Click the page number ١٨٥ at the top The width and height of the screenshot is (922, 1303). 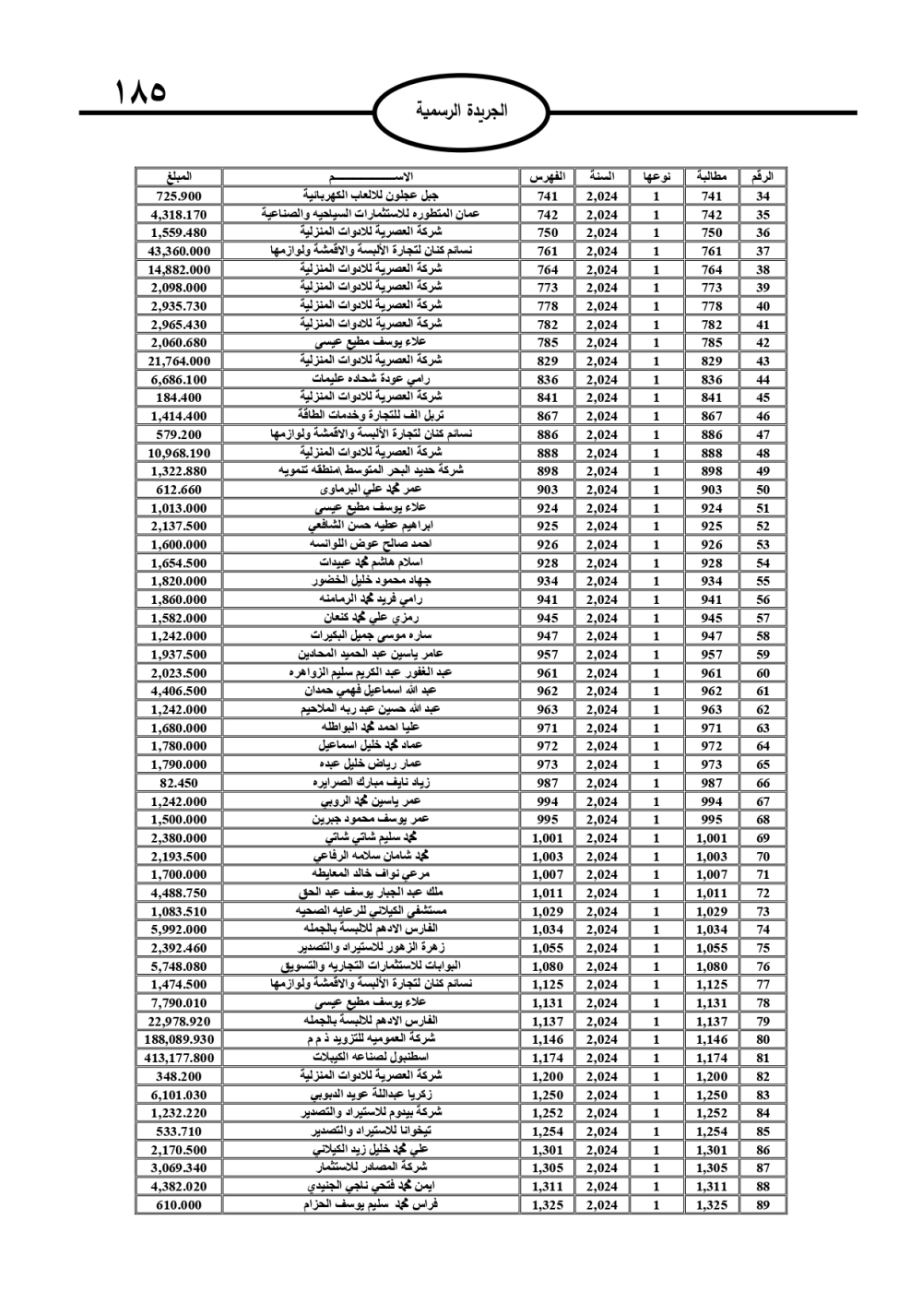click(x=140, y=92)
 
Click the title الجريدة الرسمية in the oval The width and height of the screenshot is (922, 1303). click(x=461, y=112)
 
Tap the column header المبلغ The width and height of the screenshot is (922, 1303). click(x=178, y=176)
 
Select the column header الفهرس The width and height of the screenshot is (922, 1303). click(x=547, y=176)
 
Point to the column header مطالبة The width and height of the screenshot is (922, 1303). click(x=712, y=176)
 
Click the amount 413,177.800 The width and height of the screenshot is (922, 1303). click(x=178, y=1058)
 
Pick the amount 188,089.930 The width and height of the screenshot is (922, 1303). click(x=178, y=1039)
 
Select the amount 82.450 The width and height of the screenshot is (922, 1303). click(x=178, y=783)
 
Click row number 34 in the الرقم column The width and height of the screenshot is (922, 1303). click(x=762, y=195)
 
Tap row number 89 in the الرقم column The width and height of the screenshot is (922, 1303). click(x=762, y=1204)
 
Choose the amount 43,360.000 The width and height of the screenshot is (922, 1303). click(x=178, y=251)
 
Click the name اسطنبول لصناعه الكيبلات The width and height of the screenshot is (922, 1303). click(x=371, y=1058)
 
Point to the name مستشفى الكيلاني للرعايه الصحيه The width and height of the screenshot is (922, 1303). click(x=371, y=911)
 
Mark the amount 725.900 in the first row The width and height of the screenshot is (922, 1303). click(x=178, y=195)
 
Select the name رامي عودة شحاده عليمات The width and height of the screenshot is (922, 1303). click(x=371, y=379)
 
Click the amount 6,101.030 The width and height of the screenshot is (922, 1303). click(x=178, y=1095)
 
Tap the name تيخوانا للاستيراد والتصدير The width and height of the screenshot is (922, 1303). click(x=371, y=1131)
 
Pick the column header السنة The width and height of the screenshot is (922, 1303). click(x=601, y=176)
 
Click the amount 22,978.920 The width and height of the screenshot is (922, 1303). click(x=178, y=1021)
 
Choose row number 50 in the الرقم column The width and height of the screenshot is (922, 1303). click(x=762, y=490)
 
